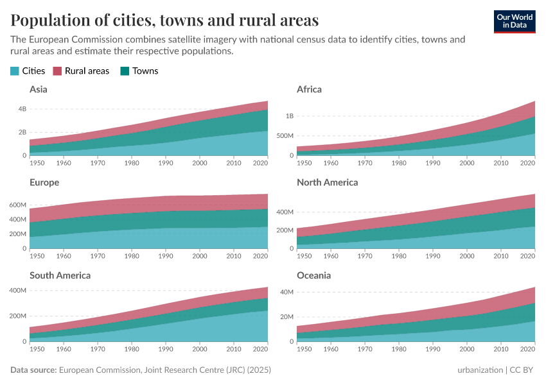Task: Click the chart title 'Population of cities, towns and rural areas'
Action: (164, 20)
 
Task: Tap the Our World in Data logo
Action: (515, 21)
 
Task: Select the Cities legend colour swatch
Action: (15, 71)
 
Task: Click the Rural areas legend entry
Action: (81, 71)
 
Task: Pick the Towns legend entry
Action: (139, 71)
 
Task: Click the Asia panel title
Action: (39, 89)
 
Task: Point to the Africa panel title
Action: (309, 89)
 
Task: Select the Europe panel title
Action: (44, 182)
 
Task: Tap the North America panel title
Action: (328, 182)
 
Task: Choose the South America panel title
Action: (60, 275)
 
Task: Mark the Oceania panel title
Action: (314, 275)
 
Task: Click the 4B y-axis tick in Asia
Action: (22, 109)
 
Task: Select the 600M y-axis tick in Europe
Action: (17, 205)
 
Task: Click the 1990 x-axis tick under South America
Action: (166, 349)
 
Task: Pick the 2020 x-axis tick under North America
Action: (527, 256)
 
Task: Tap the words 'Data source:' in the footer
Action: (33, 370)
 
